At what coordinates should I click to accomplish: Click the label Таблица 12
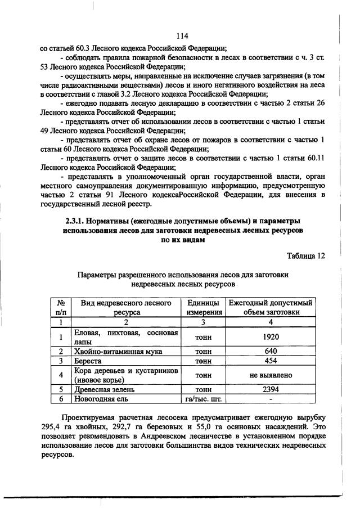click(305, 255)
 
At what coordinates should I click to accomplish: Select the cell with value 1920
click(270, 337)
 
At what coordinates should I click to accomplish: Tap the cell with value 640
click(270, 351)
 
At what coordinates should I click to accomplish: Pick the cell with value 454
click(270, 361)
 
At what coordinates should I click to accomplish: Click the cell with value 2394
click(270, 389)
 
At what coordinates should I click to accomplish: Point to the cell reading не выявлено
click(270, 375)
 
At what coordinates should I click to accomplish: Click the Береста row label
click(88, 361)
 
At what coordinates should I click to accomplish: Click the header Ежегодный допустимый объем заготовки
click(270, 307)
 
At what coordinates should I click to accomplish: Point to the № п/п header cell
click(60, 307)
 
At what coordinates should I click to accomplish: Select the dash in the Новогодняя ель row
click(270, 399)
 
